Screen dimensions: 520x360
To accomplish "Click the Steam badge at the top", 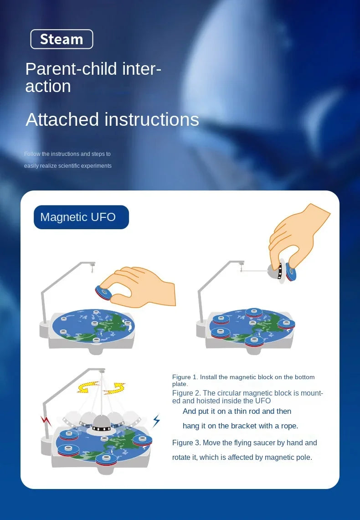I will tap(62, 39).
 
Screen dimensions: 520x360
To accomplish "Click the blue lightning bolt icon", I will tap(156, 421).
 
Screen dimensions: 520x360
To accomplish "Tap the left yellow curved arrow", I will tap(88, 387).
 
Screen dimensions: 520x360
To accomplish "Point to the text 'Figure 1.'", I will tap(185, 377).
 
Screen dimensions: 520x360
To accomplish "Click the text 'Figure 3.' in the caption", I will tap(186, 443).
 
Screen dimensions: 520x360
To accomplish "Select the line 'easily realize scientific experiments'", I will tap(68, 166).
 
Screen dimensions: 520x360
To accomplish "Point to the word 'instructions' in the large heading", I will tap(152, 119).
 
